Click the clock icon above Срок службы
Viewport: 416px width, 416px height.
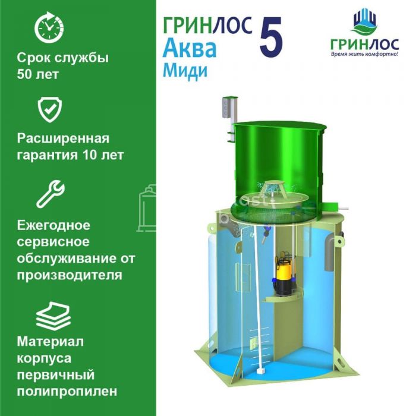tap(49, 27)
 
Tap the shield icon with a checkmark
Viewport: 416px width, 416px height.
tap(49, 109)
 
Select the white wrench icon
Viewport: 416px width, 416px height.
tap(50, 194)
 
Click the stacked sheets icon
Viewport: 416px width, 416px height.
tap(53, 316)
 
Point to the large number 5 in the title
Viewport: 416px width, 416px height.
tap(271, 37)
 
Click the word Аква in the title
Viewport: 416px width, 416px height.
tap(190, 49)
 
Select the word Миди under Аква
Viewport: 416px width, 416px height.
tap(185, 71)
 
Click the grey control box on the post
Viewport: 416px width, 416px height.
tap(226, 107)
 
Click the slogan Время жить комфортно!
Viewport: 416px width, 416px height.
tap(364, 54)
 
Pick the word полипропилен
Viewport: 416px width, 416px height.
tap(67, 391)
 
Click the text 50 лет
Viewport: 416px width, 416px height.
tap(37, 74)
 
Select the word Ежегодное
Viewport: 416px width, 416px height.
tap(53, 226)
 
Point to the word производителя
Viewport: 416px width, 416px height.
tap(70, 275)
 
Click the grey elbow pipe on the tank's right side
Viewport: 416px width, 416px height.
tap(331, 252)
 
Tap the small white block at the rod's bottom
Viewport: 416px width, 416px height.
tap(261, 370)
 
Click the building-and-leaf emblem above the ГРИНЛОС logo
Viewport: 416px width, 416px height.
tap(365, 23)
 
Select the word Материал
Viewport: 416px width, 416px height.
tap(51, 342)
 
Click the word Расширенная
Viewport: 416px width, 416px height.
tap(63, 138)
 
